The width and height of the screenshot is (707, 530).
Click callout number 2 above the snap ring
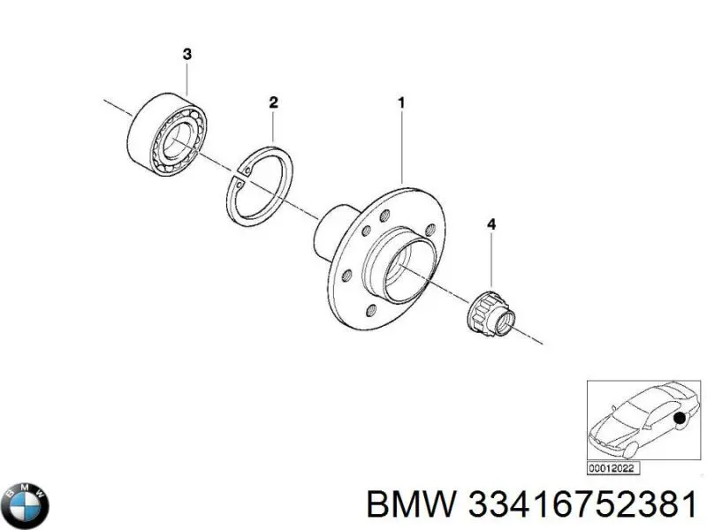point(274,103)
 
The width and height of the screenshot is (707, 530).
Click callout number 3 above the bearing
point(186,55)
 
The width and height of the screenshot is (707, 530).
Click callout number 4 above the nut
point(491,227)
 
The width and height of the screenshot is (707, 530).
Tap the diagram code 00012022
point(614,468)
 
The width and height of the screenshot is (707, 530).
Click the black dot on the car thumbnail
point(680,418)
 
